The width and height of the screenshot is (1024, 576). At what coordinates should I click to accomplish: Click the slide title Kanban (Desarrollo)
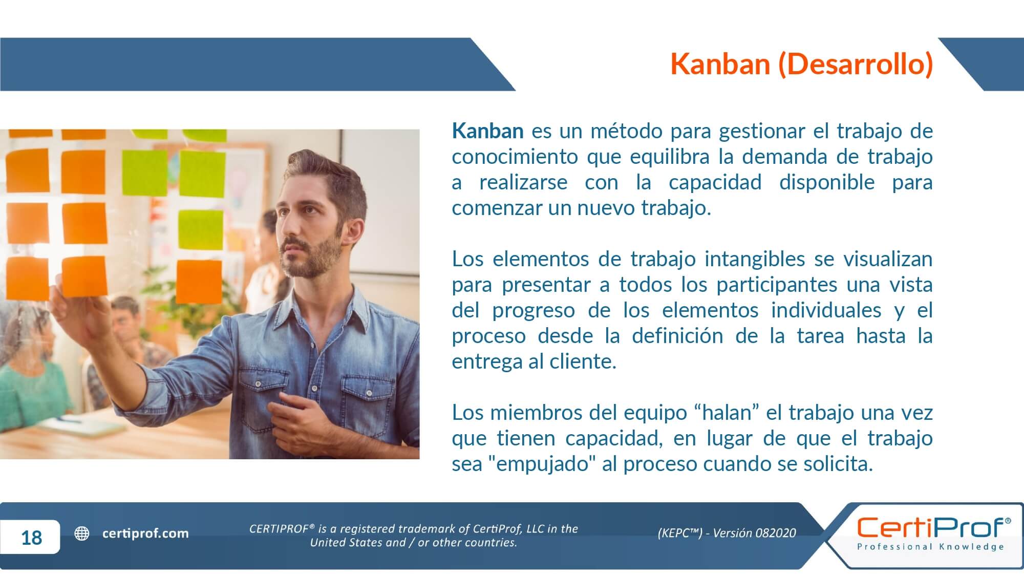802,64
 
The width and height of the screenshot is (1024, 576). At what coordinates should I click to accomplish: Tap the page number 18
32,538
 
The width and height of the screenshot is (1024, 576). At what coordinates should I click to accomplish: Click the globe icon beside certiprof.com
82,534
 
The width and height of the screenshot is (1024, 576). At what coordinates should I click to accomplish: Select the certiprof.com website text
145,534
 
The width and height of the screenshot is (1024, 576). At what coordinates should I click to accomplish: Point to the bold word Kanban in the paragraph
487,131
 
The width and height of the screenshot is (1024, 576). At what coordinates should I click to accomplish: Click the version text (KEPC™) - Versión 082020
727,533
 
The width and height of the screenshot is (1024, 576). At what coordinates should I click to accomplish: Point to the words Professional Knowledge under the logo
931,547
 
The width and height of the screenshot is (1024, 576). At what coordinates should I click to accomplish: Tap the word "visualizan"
888,259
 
